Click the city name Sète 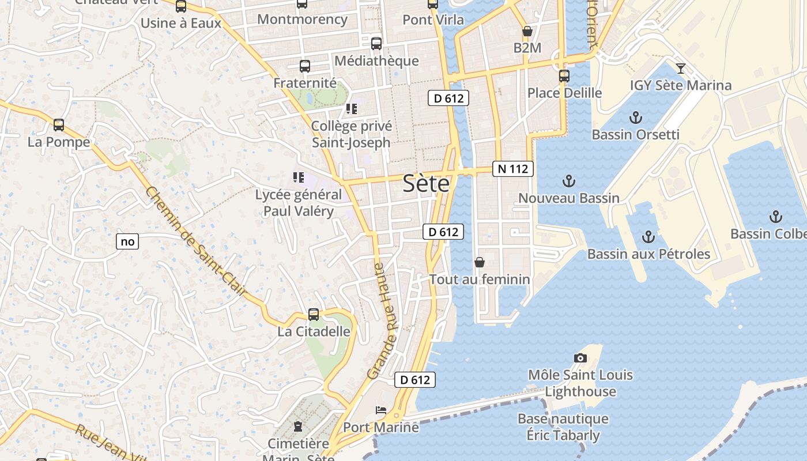(426, 183)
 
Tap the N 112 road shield (512, 169)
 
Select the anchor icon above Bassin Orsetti (635, 118)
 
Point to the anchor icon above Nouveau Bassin (568, 182)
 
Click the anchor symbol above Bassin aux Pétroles (648, 237)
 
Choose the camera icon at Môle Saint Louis (580, 358)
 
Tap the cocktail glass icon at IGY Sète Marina (681, 69)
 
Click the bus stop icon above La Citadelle (314, 315)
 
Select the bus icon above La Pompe (58, 125)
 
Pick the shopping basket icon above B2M (527, 31)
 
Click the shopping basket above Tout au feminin (479, 263)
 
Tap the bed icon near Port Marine (381, 410)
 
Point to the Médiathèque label (376, 61)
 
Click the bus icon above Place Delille (564, 75)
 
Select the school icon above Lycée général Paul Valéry (298, 177)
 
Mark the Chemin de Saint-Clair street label (196, 243)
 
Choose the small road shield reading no (127, 241)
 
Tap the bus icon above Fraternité (304, 66)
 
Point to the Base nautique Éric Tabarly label (563, 427)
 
